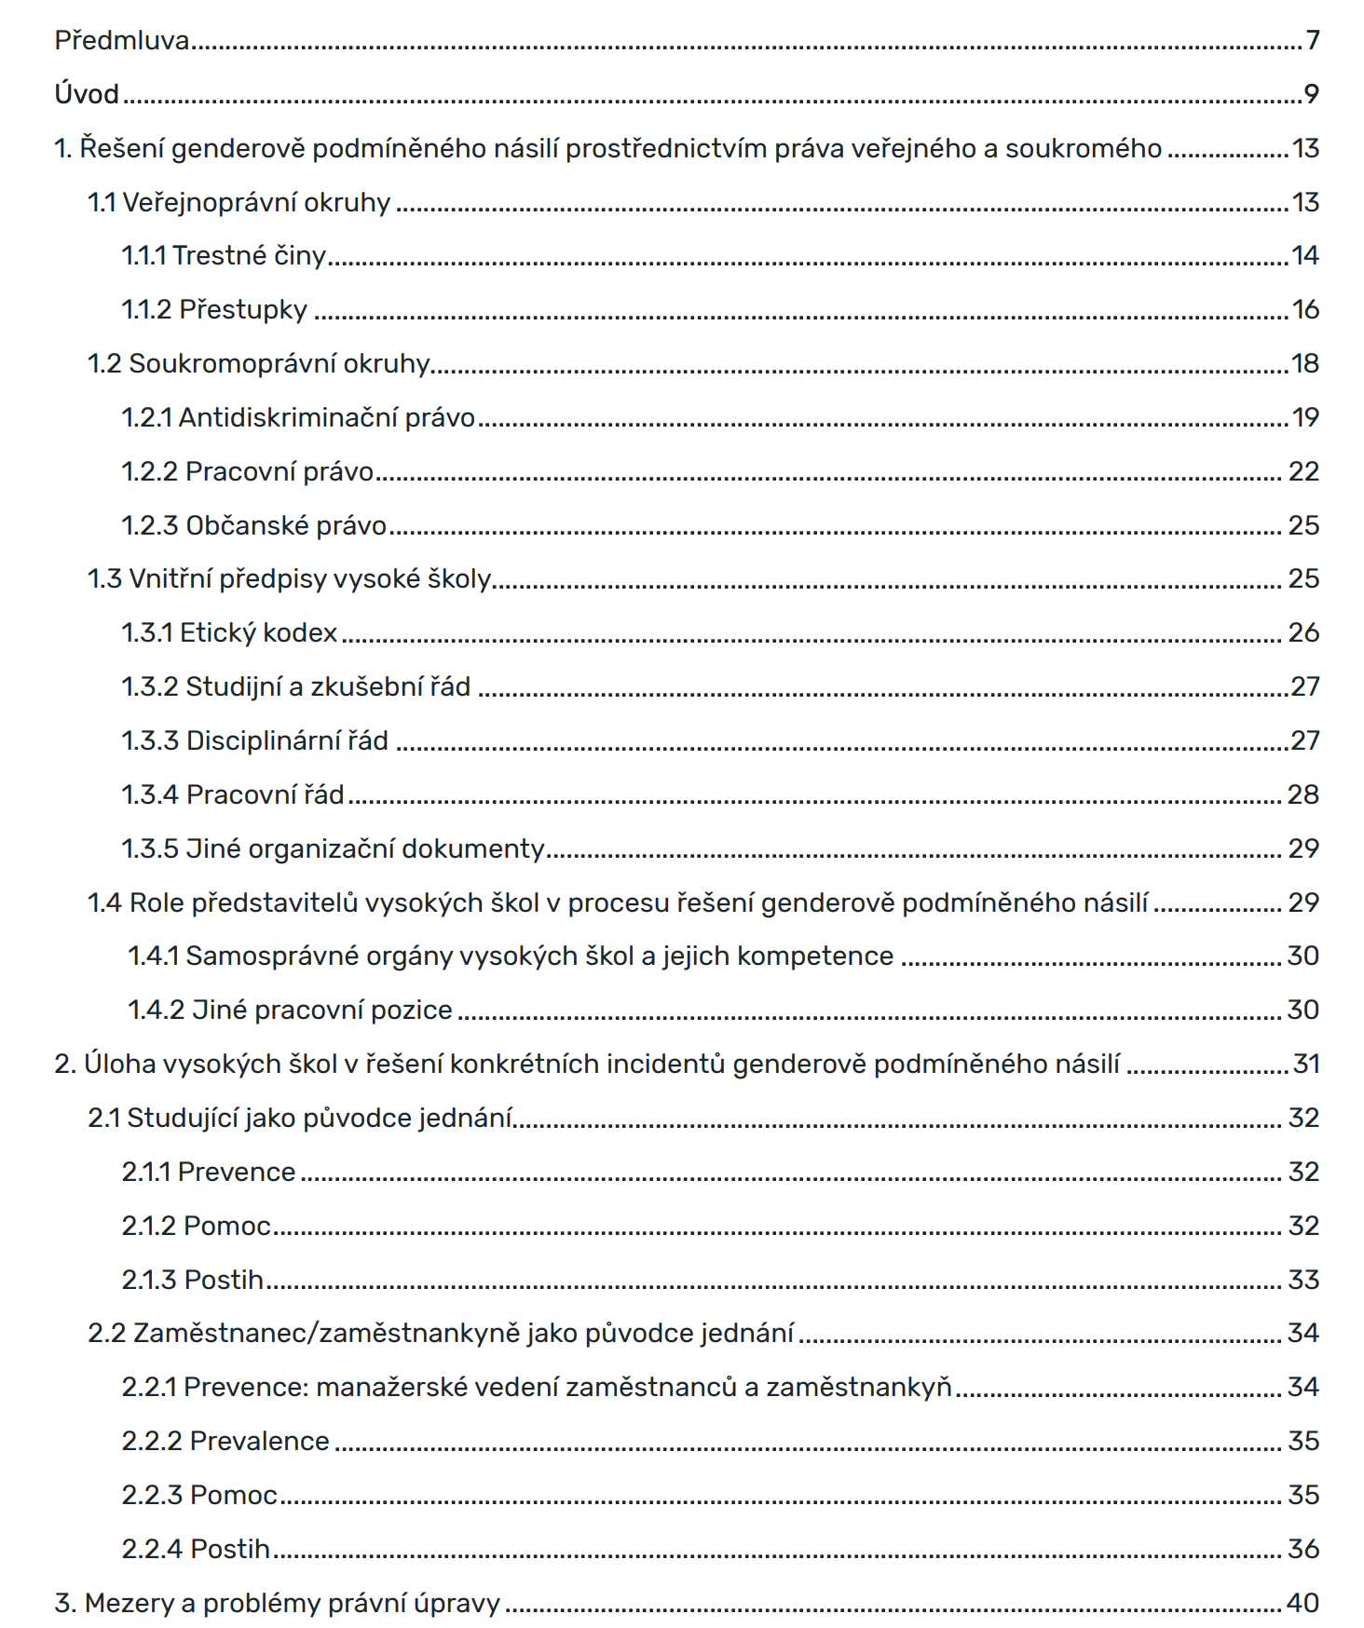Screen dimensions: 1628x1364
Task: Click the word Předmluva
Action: point(122,40)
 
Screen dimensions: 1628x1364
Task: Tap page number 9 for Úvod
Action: point(1311,94)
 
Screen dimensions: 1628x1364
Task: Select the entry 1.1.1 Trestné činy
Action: point(224,255)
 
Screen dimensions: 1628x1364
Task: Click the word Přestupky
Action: point(243,309)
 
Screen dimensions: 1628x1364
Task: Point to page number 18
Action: point(1304,363)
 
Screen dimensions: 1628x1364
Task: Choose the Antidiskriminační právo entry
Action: point(298,417)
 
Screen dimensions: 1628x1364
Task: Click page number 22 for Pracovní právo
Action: point(1303,471)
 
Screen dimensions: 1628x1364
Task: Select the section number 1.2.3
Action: point(150,525)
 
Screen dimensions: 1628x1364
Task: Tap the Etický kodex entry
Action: point(229,632)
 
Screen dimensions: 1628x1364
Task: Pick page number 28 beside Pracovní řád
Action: point(1303,794)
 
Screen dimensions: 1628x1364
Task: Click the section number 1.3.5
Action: point(150,848)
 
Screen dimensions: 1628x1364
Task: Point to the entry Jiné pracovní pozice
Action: point(290,1010)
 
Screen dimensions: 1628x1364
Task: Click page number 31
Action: point(1306,1064)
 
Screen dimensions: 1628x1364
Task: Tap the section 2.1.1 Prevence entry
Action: point(209,1172)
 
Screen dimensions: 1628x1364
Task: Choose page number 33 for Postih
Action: point(1303,1280)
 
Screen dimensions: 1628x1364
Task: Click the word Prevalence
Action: point(259,1441)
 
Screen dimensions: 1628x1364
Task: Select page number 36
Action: point(1303,1549)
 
